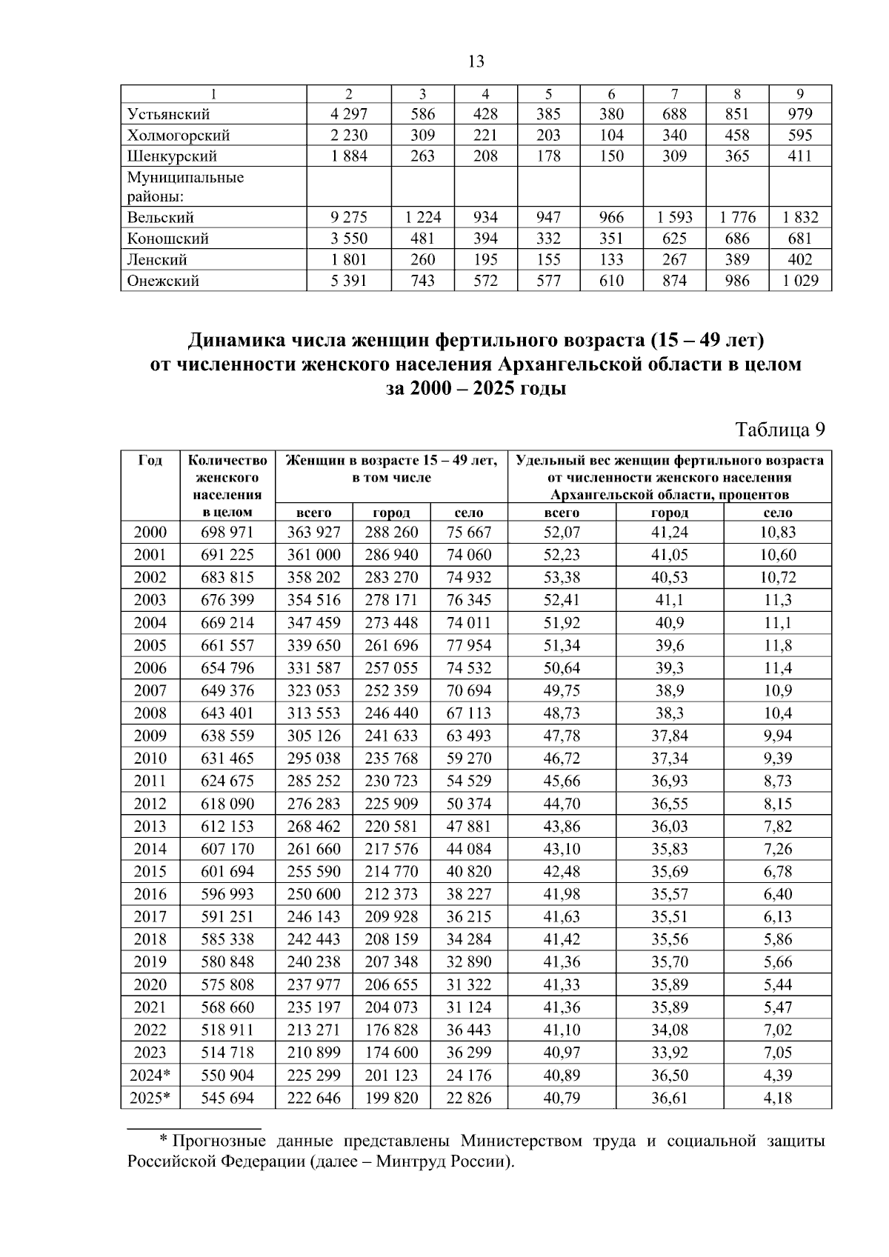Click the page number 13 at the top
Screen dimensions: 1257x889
pos(476,61)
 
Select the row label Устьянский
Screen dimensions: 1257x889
pos(168,114)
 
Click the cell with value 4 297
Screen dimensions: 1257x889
pos(348,114)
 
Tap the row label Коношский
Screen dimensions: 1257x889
pos(167,239)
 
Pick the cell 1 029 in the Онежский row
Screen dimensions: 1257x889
pos(799,281)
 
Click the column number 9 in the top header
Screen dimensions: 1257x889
pos(800,94)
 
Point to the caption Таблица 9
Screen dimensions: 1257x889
pos(779,430)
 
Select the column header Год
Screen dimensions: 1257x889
pos(150,461)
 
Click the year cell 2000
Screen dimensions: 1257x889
pos(150,533)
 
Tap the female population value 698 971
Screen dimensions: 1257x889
pos(227,533)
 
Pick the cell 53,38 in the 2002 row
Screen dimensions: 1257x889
pos(562,578)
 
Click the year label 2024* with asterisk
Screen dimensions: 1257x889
pos(150,1076)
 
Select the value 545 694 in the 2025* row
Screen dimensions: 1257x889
pos(227,1098)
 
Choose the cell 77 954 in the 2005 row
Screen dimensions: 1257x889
pos(468,645)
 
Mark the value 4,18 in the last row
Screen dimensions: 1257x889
pos(778,1098)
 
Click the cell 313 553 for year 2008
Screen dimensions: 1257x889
pos(314,713)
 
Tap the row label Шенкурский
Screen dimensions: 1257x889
pos(172,156)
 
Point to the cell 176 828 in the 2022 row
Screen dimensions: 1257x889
pos(391,1030)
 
